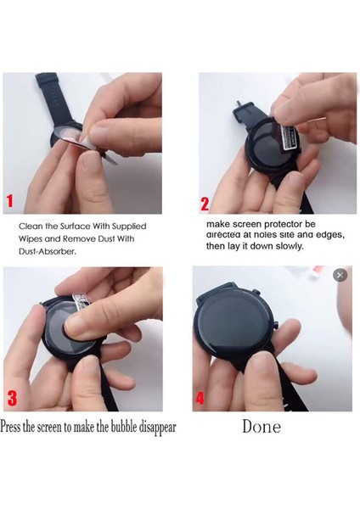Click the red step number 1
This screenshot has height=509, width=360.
tap(10, 201)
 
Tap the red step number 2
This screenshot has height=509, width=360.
tap(205, 204)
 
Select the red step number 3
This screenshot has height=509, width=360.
tap(11, 398)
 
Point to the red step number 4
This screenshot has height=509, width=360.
tap(200, 398)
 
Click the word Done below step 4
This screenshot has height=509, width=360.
tap(261, 427)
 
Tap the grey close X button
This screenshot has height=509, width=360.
tap(340, 275)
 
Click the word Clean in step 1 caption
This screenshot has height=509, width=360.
tap(31, 227)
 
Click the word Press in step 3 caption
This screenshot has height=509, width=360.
tap(14, 427)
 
